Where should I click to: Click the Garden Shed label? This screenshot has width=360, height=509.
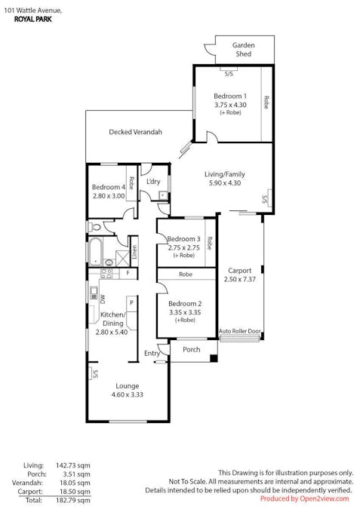tap(243, 50)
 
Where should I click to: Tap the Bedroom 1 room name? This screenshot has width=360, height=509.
tap(229, 96)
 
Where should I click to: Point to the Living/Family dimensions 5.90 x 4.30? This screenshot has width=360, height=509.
tap(224, 182)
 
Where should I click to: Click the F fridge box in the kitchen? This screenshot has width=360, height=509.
tap(128, 273)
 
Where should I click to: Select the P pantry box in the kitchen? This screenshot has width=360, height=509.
tap(131, 303)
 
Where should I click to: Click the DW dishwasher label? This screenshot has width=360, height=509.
tap(102, 299)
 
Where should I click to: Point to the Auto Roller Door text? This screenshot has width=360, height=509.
tap(240, 331)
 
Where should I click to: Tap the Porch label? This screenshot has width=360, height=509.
tap(192, 349)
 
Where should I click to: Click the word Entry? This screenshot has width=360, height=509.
tap(152, 353)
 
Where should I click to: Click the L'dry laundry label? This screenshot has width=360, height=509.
tap(153, 182)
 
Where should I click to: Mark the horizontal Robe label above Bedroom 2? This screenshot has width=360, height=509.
tap(185, 275)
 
